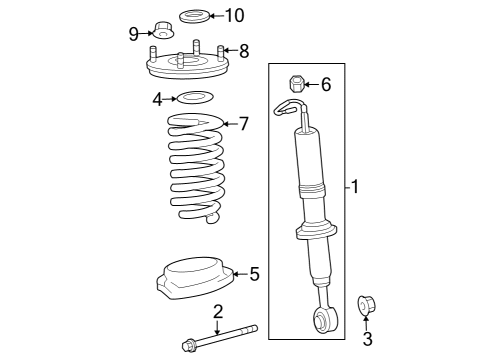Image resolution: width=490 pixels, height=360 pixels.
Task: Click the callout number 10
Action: [x=235, y=15]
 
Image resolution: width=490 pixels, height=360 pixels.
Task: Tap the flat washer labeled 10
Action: [x=195, y=17]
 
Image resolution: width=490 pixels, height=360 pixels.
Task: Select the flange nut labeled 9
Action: [x=163, y=30]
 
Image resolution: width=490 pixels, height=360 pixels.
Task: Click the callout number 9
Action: [x=134, y=34]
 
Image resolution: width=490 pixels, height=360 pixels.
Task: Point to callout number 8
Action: [x=244, y=51]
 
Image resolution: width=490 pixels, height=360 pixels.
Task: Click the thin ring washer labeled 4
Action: [x=195, y=97]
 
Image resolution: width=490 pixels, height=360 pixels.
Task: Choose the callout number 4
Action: [x=157, y=99]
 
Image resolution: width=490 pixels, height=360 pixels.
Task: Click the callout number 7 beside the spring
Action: [x=244, y=124]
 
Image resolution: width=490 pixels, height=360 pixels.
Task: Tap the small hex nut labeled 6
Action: [x=296, y=84]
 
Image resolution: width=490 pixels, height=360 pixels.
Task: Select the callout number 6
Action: [x=326, y=84]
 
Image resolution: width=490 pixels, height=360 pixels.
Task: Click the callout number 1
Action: [x=355, y=186]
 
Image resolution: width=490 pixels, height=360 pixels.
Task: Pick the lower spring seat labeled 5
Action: [x=195, y=277]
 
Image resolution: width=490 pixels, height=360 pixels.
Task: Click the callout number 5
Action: [x=254, y=274]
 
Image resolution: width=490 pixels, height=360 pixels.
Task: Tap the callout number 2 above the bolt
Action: [x=218, y=312]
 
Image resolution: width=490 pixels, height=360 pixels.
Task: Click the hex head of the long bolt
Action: [x=189, y=345]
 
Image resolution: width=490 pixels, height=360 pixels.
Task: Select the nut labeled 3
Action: [x=366, y=305]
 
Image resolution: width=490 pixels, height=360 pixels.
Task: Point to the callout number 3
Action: [x=367, y=338]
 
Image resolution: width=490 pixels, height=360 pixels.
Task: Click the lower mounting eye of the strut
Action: [x=326, y=320]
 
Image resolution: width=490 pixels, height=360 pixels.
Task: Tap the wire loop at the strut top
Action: [x=289, y=107]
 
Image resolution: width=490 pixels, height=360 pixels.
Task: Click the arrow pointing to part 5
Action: [x=240, y=274]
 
